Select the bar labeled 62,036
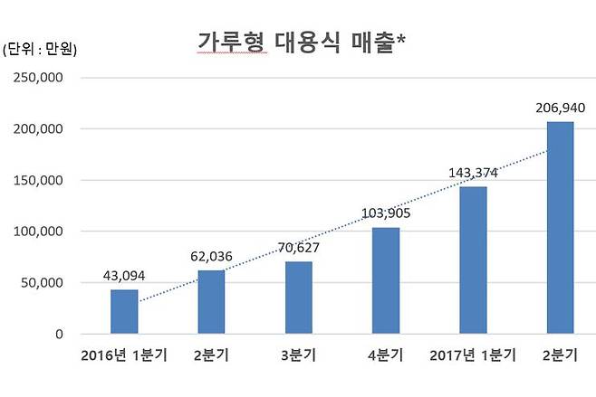[x=211, y=302]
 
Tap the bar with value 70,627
[x=298, y=298]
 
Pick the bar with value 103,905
[x=385, y=280]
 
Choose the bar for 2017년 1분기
[x=473, y=260]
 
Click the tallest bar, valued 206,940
[x=560, y=228]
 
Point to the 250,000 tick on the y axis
[x=37, y=78]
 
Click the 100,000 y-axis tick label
[x=37, y=232]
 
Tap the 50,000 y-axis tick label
[x=41, y=283]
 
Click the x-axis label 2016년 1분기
[x=124, y=354]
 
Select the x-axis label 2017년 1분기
[x=472, y=354]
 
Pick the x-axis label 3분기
[x=299, y=354]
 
